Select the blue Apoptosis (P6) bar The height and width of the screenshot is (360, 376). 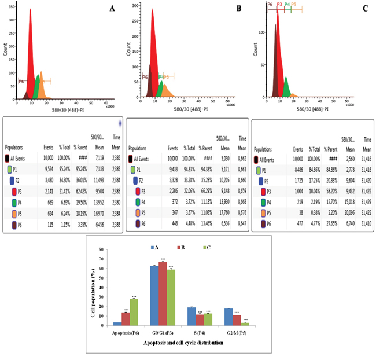coord(117,323)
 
